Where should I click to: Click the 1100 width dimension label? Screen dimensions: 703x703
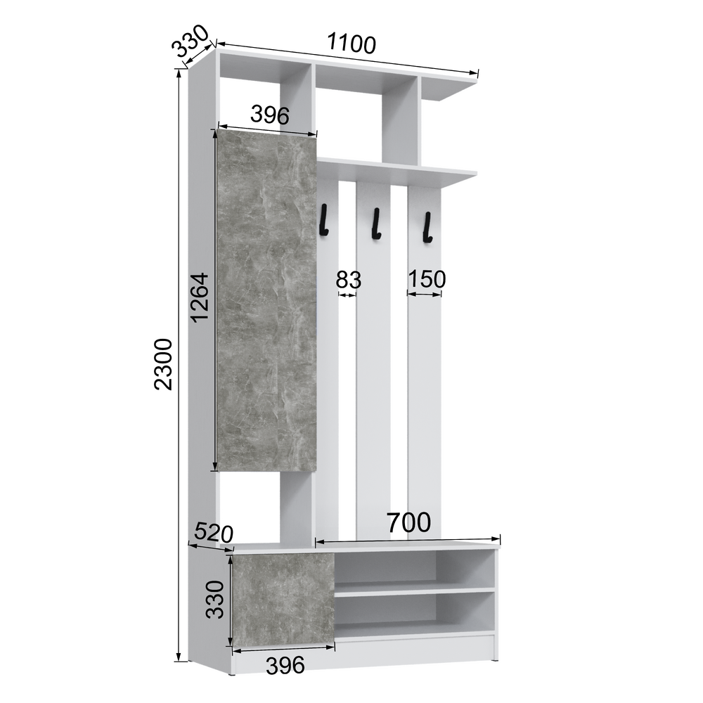pos(351,43)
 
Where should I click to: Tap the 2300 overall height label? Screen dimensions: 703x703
pos(163,364)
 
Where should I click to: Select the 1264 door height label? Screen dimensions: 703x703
pos(200,297)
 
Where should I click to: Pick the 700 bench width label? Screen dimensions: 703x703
pos(408,522)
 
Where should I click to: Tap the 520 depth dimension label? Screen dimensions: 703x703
pos(214,533)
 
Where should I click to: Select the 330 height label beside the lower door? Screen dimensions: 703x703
pos(214,600)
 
